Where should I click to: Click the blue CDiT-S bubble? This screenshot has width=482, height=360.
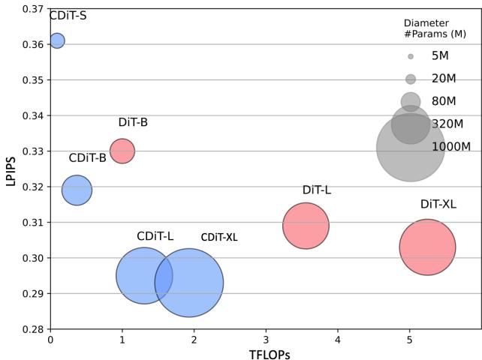click(x=56, y=40)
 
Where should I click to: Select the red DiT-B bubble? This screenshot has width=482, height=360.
click(x=122, y=151)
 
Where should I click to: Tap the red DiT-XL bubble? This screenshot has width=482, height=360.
click(x=427, y=247)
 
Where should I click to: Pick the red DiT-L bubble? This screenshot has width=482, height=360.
click(x=306, y=225)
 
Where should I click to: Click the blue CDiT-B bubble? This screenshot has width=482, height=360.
click(x=77, y=190)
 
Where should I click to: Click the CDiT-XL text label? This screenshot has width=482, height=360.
click(x=219, y=237)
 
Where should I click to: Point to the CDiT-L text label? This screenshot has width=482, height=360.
click(x=155, y=236)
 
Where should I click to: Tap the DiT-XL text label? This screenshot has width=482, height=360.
click(x=438, y=204)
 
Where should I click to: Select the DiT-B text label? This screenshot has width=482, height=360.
click(x=133, y=123)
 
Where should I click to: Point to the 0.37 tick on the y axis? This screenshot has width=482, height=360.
click(x=32, y=9)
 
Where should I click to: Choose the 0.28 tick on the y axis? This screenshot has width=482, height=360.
click(x=32, y=328)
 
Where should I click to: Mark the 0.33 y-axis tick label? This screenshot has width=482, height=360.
click(x=32, y=151)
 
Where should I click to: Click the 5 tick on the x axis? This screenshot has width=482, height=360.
click(x=409, y=339)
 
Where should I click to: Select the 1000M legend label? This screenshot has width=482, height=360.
click(x=451, y=147)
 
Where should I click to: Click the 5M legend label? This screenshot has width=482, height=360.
click(x=440, y=56)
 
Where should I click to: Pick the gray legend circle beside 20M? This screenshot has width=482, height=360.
click(x=411, y=79)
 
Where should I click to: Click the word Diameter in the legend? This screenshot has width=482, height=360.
click(x=426, y=22)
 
